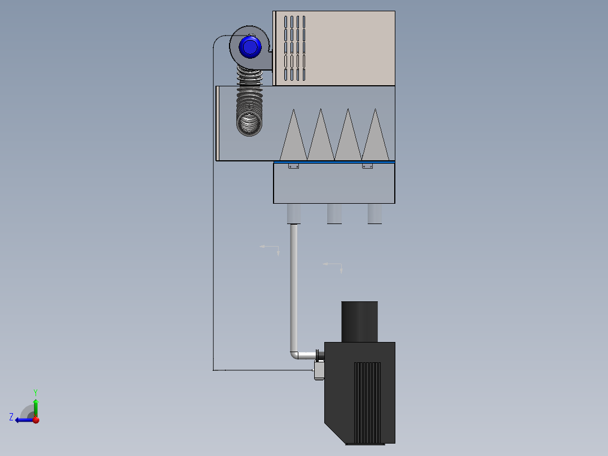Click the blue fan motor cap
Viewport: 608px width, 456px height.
point(250,47)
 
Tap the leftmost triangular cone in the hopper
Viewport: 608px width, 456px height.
point(293,138)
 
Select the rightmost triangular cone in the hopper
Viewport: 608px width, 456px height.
point(376,138)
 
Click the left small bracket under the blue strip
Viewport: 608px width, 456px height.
point(293,166)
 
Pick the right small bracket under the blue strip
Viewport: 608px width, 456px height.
point(367,166)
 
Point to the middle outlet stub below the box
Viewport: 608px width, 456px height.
point(334,214)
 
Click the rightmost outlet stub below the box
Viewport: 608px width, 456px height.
point(375,214)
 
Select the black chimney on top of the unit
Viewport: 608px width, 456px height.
point(359,322)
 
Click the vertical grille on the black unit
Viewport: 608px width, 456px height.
point(367,403)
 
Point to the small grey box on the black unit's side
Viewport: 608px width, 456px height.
point(319,370)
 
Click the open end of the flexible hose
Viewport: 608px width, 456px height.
point(249,124)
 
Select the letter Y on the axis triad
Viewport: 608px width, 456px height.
point(36,392)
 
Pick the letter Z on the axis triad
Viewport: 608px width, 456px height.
point(11,417)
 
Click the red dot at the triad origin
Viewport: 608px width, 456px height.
point(36,420)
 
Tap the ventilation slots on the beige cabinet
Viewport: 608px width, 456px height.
point(294,48)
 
